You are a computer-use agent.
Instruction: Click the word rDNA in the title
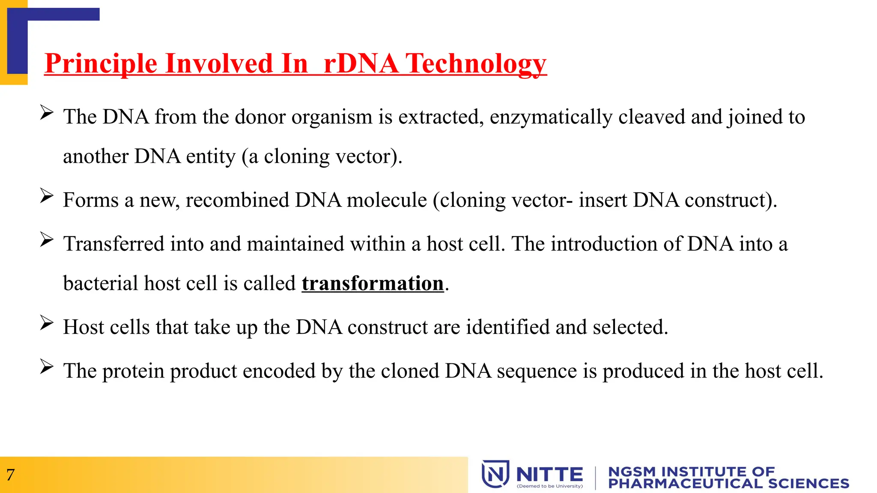(x=361, y=64)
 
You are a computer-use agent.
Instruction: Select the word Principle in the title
(x=101, y=64)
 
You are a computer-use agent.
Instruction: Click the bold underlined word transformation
(x=373, y=283)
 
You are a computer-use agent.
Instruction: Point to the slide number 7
(x=10, y=475)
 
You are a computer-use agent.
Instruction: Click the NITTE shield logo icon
(x=495, y=474)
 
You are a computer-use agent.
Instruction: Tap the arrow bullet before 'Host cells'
(x=47, y=323)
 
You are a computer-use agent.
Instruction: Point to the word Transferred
(x=114, y=244)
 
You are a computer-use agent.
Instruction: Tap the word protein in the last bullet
(x=133, y=371)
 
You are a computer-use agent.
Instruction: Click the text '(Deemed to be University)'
(x=550, y=486)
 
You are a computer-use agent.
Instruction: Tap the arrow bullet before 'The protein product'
(x=47, y=367)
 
